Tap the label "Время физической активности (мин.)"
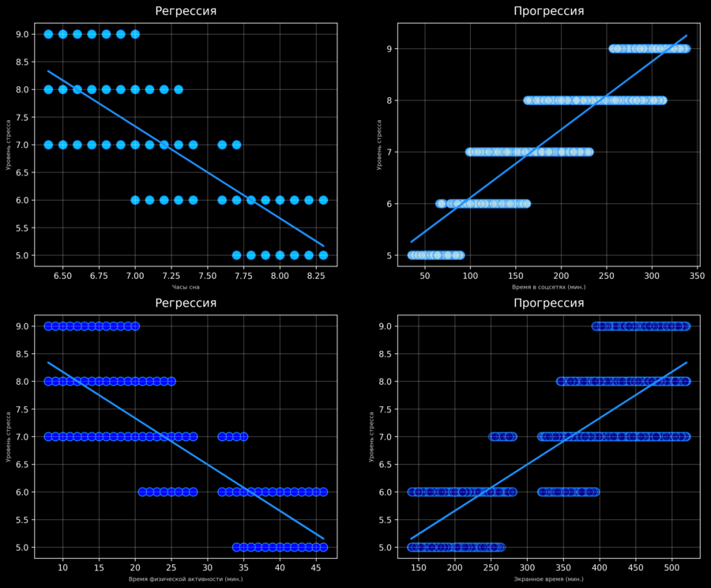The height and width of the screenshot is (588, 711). pos(186,579)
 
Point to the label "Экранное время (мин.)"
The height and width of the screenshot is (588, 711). pos(549,579)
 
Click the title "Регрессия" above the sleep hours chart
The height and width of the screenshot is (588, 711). pos(186,11)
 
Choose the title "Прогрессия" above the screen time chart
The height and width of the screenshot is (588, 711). pos(549,303)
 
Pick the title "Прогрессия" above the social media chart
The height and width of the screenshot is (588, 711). pos(549,11)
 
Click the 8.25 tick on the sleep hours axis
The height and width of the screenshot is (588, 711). pos(316,275)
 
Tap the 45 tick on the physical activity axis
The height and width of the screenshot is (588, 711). pos(316,567)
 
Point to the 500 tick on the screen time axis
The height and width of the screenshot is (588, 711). pos(671,567)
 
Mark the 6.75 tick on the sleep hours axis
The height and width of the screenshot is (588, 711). pos(99,275)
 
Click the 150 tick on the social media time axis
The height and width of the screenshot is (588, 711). pos(516,275)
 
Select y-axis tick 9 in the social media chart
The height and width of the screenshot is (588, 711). pos(388,49)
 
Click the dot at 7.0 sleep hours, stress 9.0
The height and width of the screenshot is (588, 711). pos(135,34)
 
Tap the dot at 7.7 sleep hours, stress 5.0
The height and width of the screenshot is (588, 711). pos(236,255)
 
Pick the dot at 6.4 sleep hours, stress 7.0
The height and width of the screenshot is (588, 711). pos(48,145)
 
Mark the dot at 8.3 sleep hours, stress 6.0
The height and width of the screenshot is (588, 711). pos(323,200)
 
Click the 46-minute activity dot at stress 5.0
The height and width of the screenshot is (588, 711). pos(323,547)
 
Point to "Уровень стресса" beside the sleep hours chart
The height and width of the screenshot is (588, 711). pos(8,145)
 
